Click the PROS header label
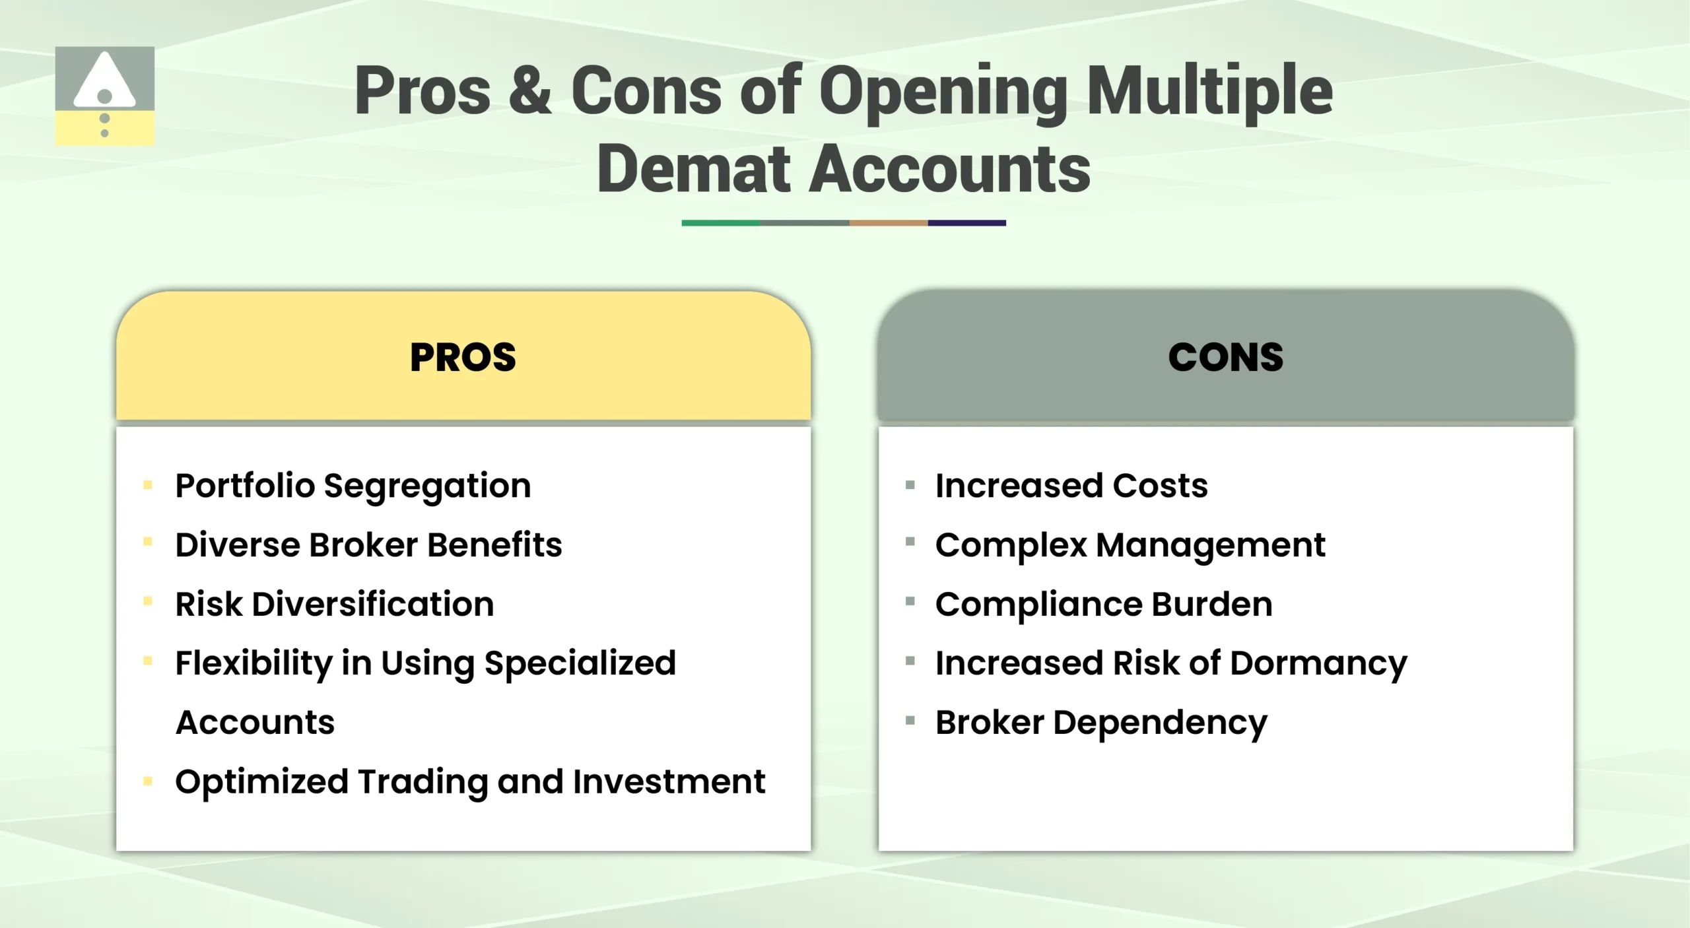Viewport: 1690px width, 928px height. [x=463, y=357]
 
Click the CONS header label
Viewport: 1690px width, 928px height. [x=1225, y=357]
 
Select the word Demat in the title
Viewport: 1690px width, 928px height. [x=693, y=170]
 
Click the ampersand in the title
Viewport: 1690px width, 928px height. [x=529, y=90]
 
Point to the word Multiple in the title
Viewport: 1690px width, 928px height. [x=1209, y=92]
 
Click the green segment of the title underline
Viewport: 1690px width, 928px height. [x=720, y=223]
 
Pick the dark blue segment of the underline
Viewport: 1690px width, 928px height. [x=966, y=223]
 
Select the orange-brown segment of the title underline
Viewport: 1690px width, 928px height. [x=888, y=223]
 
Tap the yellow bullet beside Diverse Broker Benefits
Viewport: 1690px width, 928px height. [x=148, y=542]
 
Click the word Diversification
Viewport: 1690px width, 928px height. [x=373, y=604]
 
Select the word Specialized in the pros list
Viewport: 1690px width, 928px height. [x=580, y=663]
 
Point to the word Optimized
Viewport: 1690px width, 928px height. [x=261, y=782]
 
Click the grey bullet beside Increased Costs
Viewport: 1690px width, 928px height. [x=910, y=485]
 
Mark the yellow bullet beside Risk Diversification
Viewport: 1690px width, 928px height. [x=148, y=601]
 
